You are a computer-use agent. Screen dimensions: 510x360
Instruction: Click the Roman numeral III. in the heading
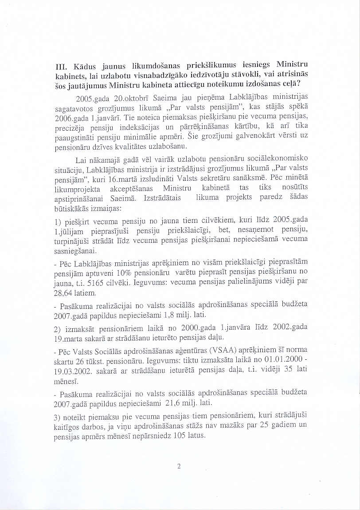[57, 68]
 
